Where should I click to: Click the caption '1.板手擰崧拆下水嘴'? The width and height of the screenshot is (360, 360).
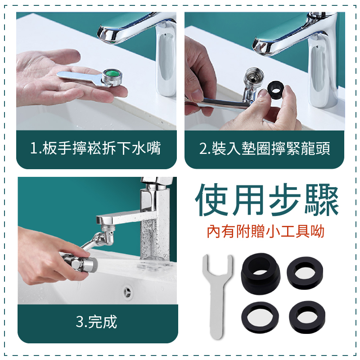(95, 148)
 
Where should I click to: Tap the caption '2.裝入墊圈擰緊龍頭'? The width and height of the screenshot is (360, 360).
(265, 148)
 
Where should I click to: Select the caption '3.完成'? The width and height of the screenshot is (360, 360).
(96, 322)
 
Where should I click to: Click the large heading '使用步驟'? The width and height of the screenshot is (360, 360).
(267, 200)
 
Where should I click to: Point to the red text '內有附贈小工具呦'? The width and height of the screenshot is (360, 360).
(265, 231)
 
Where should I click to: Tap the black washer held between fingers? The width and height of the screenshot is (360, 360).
(275, 90)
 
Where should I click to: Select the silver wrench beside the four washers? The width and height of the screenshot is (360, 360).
(217, 296)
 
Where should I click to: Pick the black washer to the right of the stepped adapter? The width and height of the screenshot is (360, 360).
(305, 273)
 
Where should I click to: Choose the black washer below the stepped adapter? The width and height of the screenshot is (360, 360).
(260, 317)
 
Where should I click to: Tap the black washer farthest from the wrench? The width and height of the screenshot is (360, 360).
(307, 317)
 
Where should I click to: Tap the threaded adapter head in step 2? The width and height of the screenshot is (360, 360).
(254, 77)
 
